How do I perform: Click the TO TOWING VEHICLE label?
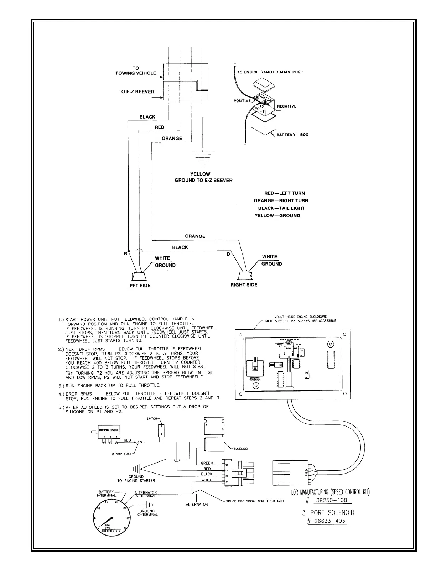pyautogui.click(x=136, y=70)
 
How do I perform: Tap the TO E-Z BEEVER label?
pyautogui.click(x=136, y=92)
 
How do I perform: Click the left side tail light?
pyautogui.click(x=139, y=277)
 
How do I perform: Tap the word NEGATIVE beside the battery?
pyautogui.click(x=286, y=106)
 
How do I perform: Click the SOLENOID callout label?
pyautogui.click(x=240, y=449)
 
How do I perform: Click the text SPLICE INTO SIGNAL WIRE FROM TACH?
pyautogui.click(x=255, y=501)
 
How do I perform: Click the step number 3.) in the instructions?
pyautogui.click(x=61, y=386)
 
